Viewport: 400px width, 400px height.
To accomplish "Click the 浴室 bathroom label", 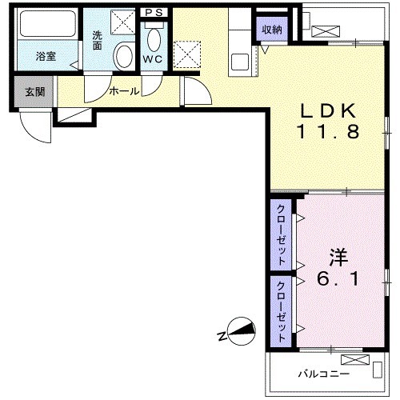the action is pos(46,56).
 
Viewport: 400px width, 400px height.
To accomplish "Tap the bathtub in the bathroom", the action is pos(48,24).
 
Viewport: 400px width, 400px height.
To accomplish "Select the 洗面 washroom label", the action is pos(98,41).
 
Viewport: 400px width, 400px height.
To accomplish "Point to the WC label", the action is pos(153,59).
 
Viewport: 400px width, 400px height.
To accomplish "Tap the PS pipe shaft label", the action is pos(154,13).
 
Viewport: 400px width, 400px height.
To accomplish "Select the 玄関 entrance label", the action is pos(35,92).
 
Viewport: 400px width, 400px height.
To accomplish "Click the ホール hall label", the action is pos(124,91).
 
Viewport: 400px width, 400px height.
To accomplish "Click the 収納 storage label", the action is pos(272,30).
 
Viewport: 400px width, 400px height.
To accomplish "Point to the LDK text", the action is pos(328,110).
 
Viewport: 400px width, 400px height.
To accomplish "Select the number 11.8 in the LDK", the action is pos(328,131).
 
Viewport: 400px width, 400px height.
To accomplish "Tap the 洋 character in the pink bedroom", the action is pos(338,258).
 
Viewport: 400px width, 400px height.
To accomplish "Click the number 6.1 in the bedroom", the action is pos(338,279).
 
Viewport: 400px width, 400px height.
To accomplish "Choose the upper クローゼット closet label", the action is pos(282,234).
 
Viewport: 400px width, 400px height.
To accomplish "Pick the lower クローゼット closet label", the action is pos(282,311).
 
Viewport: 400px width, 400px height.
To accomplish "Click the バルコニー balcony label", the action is pos(323,374).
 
